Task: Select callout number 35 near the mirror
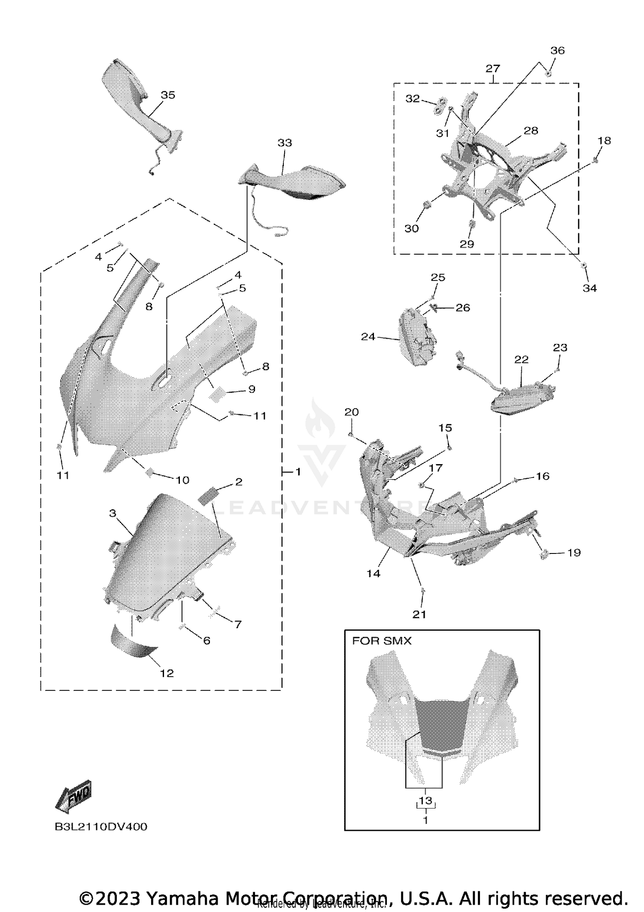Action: [168, 95]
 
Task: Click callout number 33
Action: [285, 143]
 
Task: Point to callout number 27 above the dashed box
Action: [493, 69]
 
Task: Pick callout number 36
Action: [557, 51]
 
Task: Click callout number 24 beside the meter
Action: [368, 337]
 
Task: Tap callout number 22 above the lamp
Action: [521, 359]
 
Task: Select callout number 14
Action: [373, 573]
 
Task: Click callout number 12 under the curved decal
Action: [167, 673]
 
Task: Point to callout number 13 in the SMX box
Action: [425, 801]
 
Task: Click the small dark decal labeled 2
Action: [208, 497]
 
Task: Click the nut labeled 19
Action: [545, 554]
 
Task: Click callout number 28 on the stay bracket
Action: [531, 131]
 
